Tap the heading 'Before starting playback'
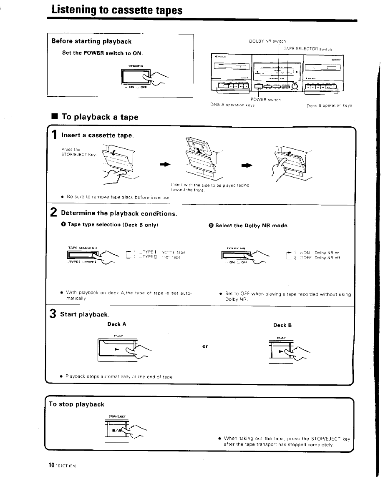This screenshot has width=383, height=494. [x=91, y=41]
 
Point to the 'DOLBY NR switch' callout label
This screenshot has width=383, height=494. [x=267, y=41]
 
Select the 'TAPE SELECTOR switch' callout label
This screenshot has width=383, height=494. [x=308, y=49]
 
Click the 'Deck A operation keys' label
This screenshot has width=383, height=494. [x=232, y=105]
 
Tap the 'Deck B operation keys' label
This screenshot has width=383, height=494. [x=329, y=105]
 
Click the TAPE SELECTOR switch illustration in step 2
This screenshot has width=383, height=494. [x=84, y=255]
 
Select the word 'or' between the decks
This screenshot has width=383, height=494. [x=205, y=346]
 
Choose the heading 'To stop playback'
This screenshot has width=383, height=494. [x=76, y=404]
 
